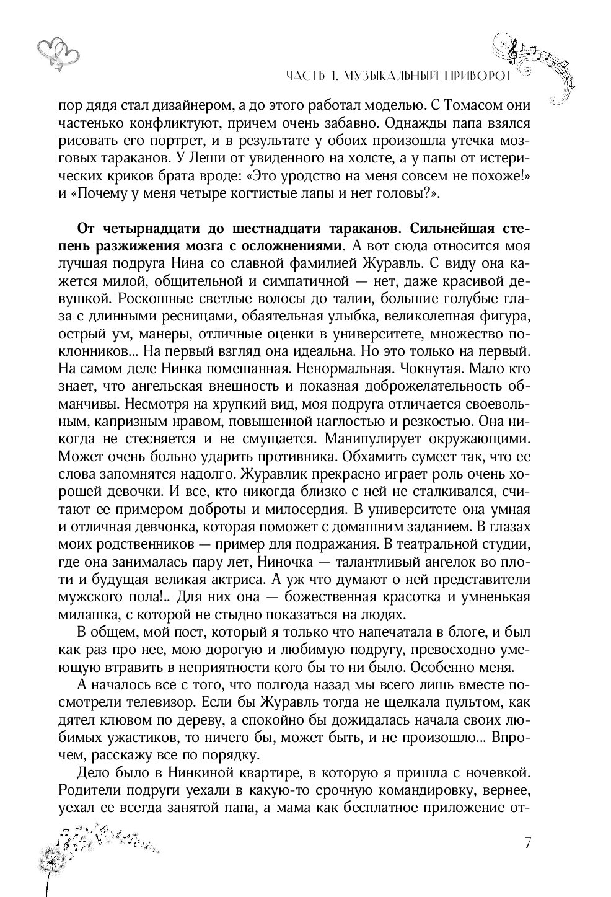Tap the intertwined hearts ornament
pos(58,51)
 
